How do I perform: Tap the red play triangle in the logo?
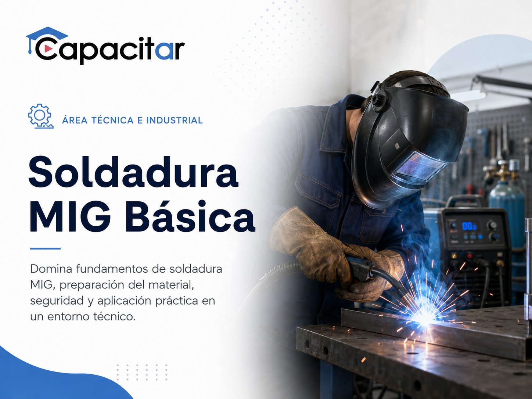[x=48, y=49]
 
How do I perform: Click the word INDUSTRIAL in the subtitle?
[x=175, y=121]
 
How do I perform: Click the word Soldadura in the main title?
[x=133, y=172]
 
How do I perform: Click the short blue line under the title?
[x=45, y=249]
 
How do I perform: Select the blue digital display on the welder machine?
[x=469, y=226]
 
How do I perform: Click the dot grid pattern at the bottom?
[x=142, y=372]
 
